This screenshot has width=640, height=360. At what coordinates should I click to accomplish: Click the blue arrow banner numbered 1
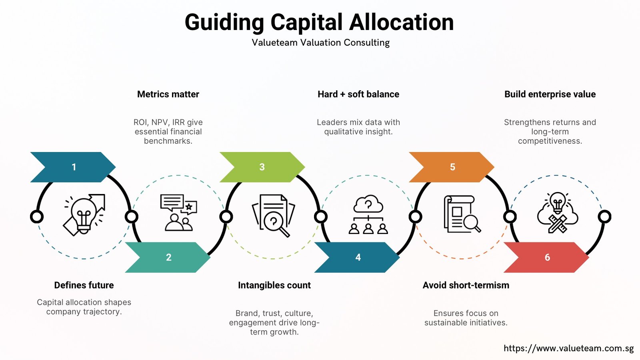click(73, 167)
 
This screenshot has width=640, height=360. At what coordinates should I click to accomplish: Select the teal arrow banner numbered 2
click(168, 258)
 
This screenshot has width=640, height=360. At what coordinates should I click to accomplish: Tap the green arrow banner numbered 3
click(262, 167)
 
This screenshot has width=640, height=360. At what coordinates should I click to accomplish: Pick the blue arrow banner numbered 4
click(357, 258)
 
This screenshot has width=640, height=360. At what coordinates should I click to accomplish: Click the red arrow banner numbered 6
click(546, 258)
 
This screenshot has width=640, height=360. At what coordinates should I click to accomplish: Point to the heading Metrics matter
click(168, 94)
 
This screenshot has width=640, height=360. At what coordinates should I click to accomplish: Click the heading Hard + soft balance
click(358, 94)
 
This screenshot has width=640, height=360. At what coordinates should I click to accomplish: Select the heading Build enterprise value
click(550, 94)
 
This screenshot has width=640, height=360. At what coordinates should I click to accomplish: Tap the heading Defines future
click(84, 285)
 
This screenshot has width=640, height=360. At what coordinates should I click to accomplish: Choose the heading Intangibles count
click(274, 285)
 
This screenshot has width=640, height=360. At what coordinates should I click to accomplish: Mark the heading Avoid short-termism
click(466, 285)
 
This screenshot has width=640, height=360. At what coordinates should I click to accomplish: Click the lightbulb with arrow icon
click(84, 215)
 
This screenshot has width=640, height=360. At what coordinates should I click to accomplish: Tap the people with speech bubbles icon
click(178, 212)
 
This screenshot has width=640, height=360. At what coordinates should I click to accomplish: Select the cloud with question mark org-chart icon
click(368, 214)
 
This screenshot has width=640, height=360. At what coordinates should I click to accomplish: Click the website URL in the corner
click(568, 348)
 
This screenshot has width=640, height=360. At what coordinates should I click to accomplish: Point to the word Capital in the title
click(306, 23)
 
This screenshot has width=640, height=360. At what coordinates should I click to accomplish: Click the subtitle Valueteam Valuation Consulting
click(320, 42)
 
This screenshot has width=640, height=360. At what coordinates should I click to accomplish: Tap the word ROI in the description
click(140, 122)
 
